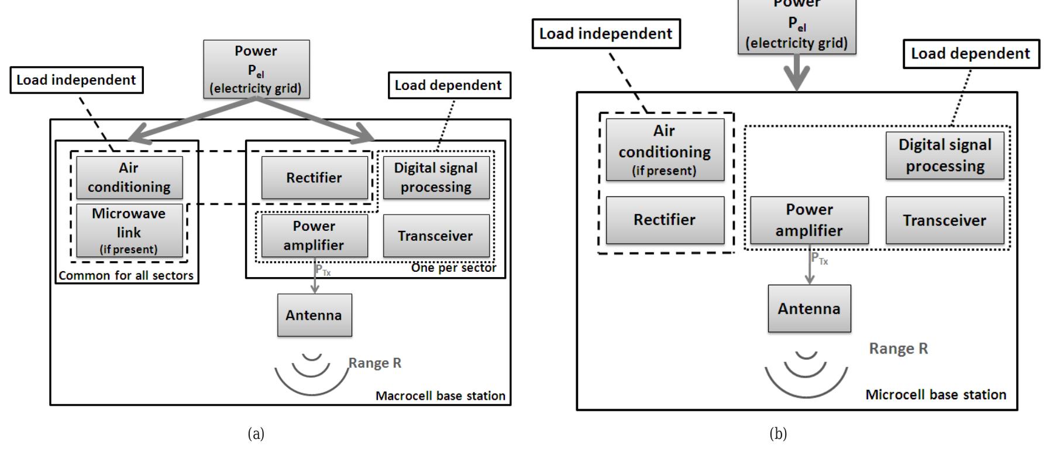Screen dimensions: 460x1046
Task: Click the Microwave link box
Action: click(129, 230)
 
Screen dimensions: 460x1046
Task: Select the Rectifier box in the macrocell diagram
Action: click(314, 178)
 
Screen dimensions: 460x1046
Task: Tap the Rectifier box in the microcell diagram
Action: click(665, 220)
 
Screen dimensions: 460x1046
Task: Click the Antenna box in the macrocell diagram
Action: click(314, 315)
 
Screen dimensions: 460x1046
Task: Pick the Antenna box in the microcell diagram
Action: click(809, 309)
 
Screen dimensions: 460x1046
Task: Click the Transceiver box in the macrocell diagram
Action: click(436, 236)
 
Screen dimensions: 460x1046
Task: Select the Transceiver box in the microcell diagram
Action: click(944, 220)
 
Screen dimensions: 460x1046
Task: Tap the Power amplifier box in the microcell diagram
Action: click(809, 220)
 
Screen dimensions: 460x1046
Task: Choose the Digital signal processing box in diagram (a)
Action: click(436, 178)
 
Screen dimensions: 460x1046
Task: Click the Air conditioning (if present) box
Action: click(665, 150)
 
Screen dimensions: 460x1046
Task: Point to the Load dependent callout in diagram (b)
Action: click(971, 54)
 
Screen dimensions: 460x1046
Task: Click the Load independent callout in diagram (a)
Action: click(76, 80)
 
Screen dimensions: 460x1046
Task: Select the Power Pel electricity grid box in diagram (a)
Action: click(256, 69)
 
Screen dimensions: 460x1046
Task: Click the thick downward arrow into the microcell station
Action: click(797, 73)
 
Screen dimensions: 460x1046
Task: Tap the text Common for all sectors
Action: click(126, 275)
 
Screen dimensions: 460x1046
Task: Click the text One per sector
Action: click(453, 268)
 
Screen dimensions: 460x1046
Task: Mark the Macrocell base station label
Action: click(440, 396)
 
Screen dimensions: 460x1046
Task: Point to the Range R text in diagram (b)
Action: click(898, 348)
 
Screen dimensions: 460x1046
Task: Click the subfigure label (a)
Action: click(256, 434)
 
